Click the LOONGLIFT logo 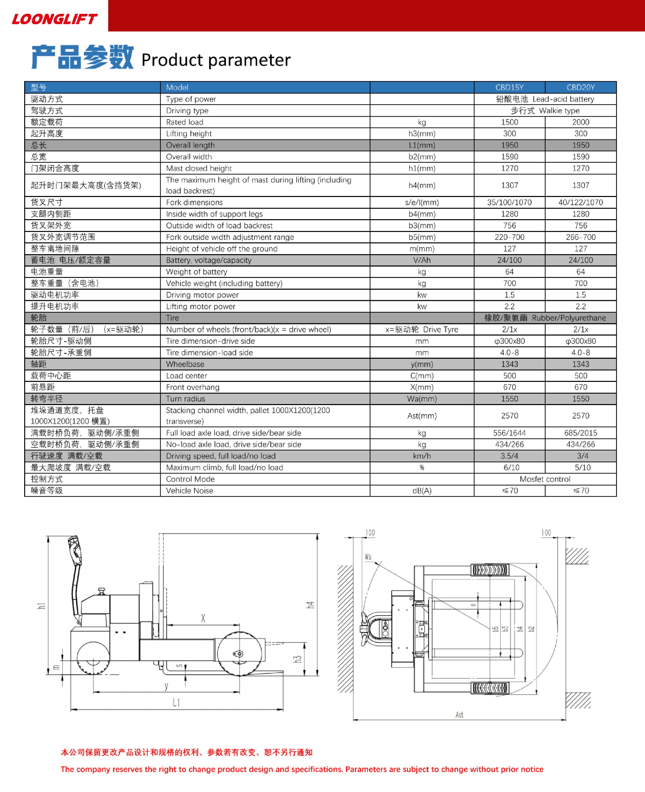(55, 19)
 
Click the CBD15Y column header (509, 87)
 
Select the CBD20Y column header (580, 87)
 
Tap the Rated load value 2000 (580, 122)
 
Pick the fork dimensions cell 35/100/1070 (509, 202)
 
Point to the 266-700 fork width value (580, 237)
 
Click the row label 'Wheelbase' (185, 364)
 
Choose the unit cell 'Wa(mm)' (422, 399)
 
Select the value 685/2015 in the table (580, 433)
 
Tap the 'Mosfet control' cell (545, 479)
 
